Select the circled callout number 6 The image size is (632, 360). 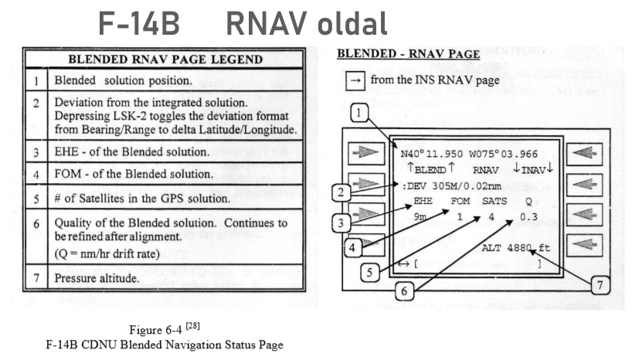pos(403,290)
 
